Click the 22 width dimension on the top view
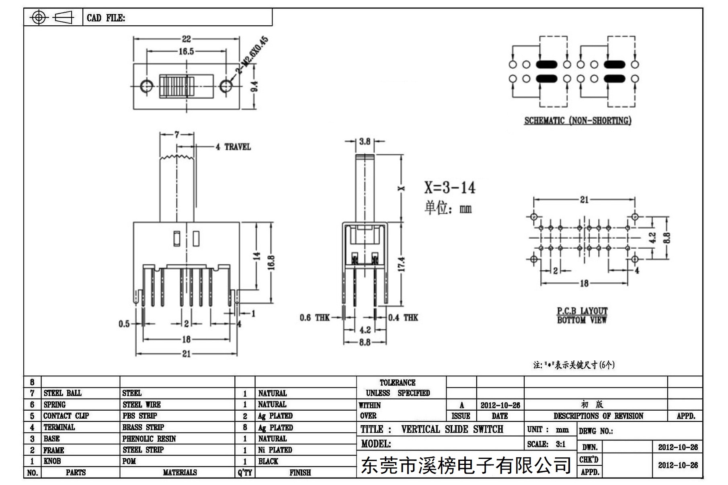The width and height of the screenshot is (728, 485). [187, 39]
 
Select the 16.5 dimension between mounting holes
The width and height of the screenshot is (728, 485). [186, 51]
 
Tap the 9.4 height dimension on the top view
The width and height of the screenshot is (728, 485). [254, 86]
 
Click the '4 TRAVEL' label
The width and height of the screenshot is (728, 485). [233, 147]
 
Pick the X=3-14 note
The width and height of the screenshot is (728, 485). [449, 188]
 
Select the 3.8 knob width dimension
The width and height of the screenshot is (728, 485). [365, 141]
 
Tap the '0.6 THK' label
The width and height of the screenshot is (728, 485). [314, 318]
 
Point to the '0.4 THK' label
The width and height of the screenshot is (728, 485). [403, 318]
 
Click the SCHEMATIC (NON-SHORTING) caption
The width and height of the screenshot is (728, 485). [578, 121]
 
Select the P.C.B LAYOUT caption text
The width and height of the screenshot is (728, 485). [582, 311]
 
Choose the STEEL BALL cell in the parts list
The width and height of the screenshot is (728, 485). [63, 393]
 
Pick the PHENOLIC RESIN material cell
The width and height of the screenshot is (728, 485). [149, 439]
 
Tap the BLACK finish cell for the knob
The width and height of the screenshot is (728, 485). [268, 461]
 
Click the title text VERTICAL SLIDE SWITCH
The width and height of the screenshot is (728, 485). [452, 429]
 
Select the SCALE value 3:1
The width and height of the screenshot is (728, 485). [561, 444]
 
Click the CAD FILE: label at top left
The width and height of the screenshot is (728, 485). [106, 18]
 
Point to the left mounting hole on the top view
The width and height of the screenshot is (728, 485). [147, 86]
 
